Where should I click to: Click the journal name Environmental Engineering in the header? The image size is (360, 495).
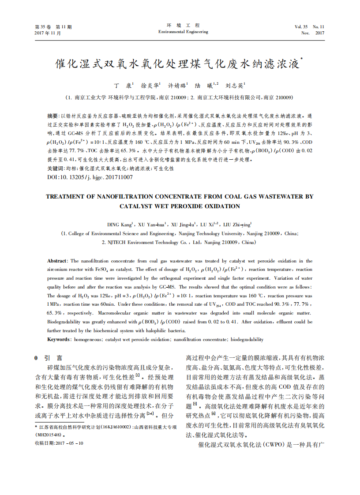[x=183, y=32]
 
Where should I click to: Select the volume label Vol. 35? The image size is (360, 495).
[x=302, y=27]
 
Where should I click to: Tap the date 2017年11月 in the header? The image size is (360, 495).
[x=48, y=33]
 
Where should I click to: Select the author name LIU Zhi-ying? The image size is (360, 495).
[x=237, y=225]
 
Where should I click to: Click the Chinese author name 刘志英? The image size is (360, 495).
[x=235, y=85]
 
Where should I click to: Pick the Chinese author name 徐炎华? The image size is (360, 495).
[x=150, y=85]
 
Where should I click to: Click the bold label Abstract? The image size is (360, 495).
[x=57, y=261]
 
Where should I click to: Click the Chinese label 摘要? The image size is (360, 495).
[x=52, y=116]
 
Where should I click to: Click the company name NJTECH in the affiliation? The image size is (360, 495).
[x=115, y=242]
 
